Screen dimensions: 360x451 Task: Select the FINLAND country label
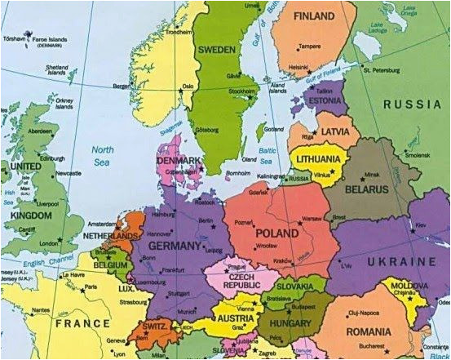pyautogui.click(x=313, y=16)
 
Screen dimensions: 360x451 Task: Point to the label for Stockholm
pyautogui.click(x=243, y=91)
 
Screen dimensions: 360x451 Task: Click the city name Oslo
pyautogui.click(x=188, y=86)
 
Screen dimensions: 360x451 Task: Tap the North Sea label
pyautogui.click(x=102, y=155)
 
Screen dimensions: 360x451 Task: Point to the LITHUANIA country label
pyautogui.click(x=319, y=160)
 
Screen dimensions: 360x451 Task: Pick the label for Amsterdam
pyautogui.click(x=104, y=223)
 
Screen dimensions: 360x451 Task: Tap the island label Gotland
pyautogui.click(x=275, y=129)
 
